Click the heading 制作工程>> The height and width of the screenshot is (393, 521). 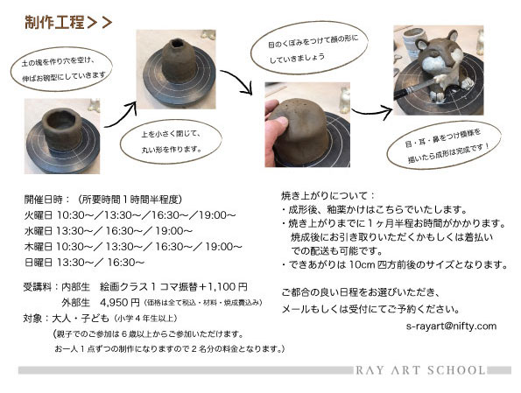point(68,23)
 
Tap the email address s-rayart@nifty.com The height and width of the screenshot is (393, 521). point(451,326)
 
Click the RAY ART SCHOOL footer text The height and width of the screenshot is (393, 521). point(420,370)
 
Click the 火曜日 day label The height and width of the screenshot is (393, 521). point(39,215)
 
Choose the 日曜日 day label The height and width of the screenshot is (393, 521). point(39,263)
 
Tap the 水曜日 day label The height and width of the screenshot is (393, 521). point(39,231)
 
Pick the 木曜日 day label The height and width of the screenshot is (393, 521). point(39,247)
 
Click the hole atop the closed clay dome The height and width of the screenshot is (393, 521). point(176,44)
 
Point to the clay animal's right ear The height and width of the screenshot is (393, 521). point(452,36)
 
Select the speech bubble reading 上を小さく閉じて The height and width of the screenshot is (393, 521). point(171,142)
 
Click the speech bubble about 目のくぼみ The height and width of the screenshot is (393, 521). point(309,47)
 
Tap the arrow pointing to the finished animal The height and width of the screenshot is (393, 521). point(372,112)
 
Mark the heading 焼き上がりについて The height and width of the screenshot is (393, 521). point(328,196)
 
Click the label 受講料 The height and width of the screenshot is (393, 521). point(37,287)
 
